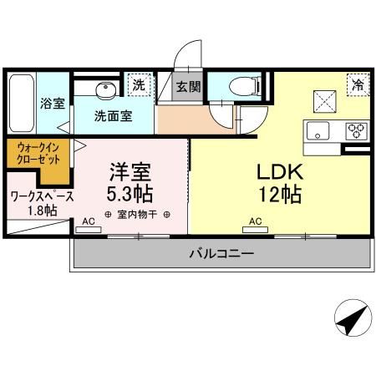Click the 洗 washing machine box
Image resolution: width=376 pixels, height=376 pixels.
(x=140, y=84)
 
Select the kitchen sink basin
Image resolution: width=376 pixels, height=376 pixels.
(x=320, y=131)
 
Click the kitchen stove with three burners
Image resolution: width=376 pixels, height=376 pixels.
(x=356, y=130)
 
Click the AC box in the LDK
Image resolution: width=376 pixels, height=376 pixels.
(x=254, y=222)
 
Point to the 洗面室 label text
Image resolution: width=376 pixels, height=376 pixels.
(x=113, y=116)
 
